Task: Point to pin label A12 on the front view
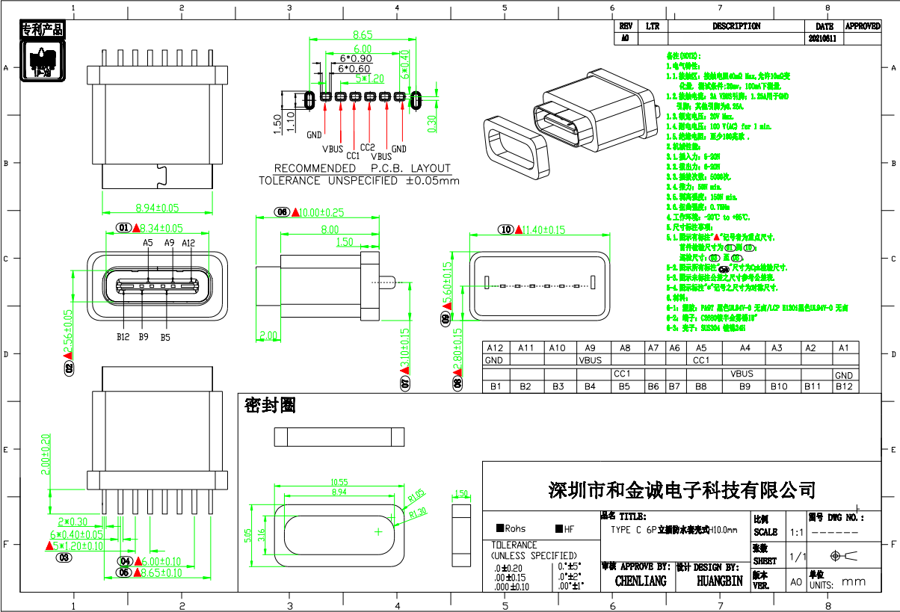188,243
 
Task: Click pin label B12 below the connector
123,337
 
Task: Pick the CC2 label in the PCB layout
367,148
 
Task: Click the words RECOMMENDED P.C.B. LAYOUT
362,169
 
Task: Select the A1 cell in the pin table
844,348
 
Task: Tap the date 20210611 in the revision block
825,37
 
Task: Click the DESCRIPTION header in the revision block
736,26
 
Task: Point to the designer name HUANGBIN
719,581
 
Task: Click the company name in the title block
682,490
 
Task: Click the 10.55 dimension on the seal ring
339,483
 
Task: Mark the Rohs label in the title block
511,529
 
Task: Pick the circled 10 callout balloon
506,229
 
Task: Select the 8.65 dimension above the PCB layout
363,34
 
